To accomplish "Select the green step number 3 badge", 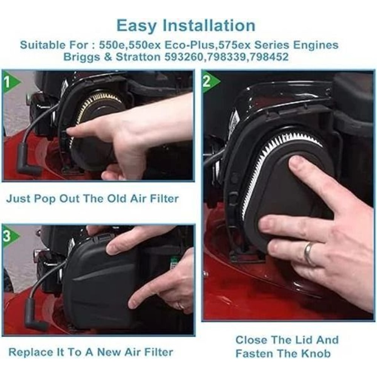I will click(x=9, y=236).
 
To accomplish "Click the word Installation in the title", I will click(x=210, y=26).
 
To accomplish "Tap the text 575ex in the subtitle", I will click(x=231, y=45).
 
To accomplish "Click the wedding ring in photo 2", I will click(x=308, y=254).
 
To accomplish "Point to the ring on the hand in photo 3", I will click(x=181, y=306).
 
